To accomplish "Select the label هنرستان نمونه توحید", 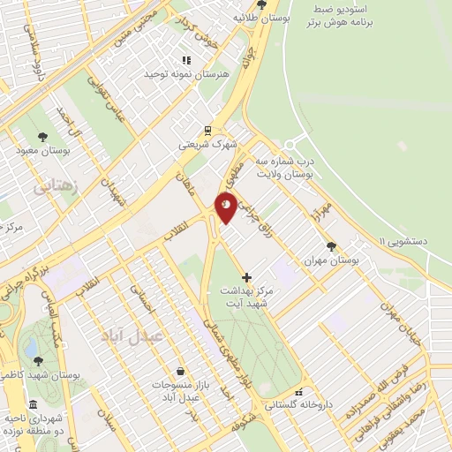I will [x=186, y=75].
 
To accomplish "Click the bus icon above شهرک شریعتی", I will [x=207, y=129].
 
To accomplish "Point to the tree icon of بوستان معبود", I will [x=42, y=136].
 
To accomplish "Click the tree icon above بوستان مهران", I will [x=331, y=246].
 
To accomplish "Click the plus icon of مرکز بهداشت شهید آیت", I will [x=246, y=277].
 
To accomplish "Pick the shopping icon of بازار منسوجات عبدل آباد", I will [x=180, y=372].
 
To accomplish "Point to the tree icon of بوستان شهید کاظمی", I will [x=37, y=360].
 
